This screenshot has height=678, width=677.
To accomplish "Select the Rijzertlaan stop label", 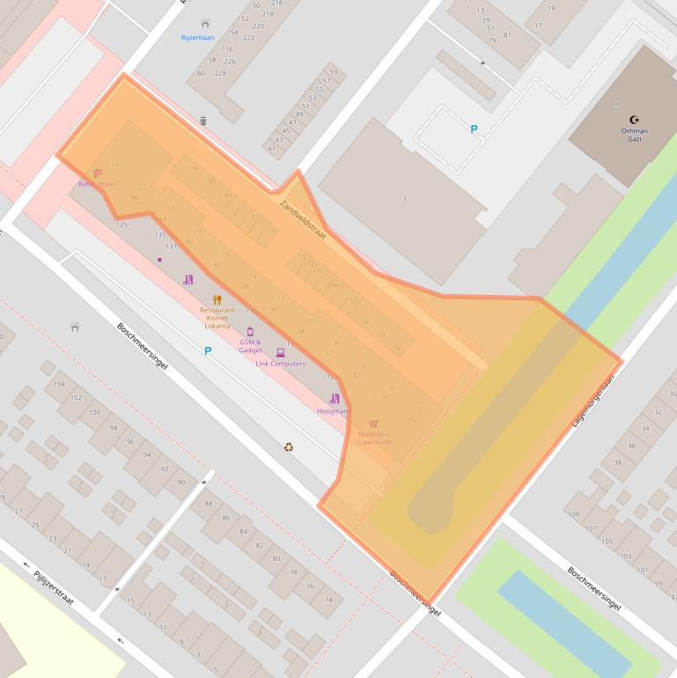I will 198,38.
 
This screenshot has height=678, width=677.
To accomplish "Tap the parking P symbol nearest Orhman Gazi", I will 474,129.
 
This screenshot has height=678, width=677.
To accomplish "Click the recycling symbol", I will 289,446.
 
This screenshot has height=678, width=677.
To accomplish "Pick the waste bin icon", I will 203,121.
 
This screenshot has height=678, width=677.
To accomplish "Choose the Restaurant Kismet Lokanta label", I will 217,317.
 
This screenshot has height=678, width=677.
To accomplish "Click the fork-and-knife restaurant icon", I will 217,299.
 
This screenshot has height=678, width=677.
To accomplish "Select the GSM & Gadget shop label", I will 250,345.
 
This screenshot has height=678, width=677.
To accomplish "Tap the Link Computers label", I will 281,364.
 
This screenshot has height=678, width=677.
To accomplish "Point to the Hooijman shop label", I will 332,411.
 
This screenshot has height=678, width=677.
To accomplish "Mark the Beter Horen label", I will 97,184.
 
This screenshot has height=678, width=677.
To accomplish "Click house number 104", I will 60,385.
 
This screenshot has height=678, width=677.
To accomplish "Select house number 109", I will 574,514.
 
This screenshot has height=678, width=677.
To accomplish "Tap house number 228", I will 220,73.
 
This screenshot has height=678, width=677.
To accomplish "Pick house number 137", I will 171,246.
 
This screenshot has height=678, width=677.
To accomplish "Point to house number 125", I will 122,225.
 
